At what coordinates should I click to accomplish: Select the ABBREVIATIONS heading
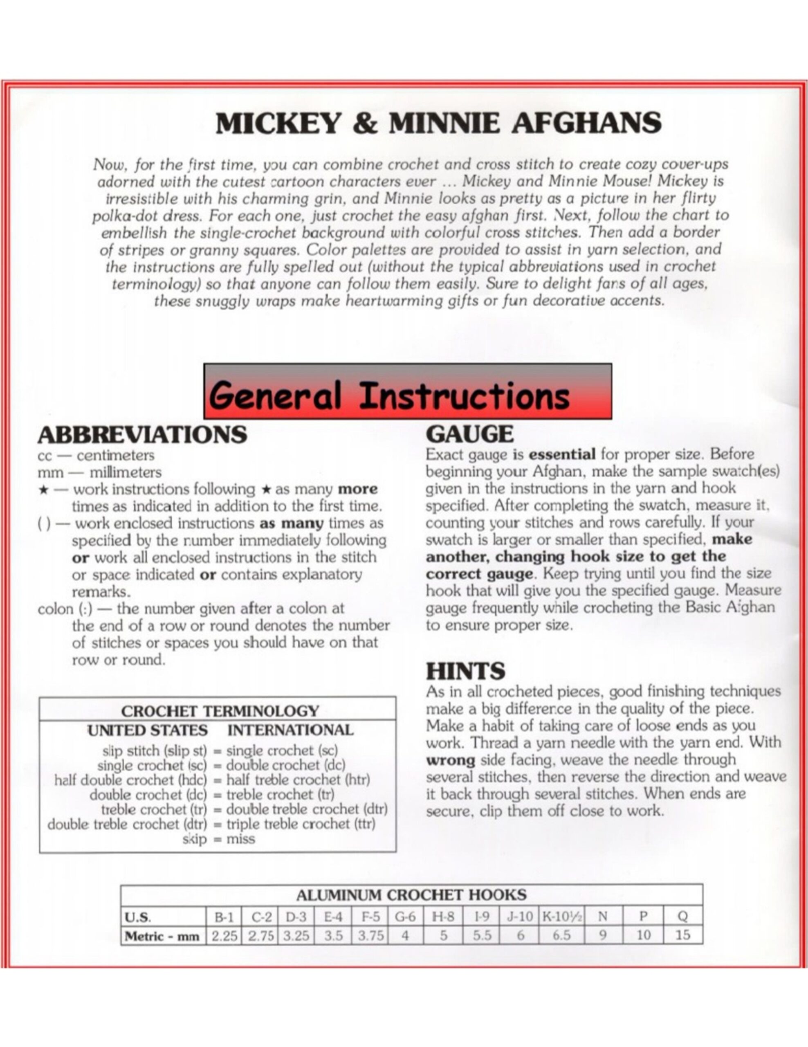pos(142,435)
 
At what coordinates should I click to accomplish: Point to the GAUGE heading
pos(469,434)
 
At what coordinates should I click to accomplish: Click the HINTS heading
pos(465,671)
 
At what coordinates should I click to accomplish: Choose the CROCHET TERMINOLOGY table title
pos(220,711)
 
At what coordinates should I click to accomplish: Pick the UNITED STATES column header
pos(147,730)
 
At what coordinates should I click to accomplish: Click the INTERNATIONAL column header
pos(290,730)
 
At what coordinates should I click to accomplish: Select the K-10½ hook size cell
pos(562,917)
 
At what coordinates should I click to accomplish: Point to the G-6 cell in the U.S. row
pos(405,917)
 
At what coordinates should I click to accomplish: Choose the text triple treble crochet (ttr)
pos(301,824)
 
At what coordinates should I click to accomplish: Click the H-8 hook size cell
pos(443,917)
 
